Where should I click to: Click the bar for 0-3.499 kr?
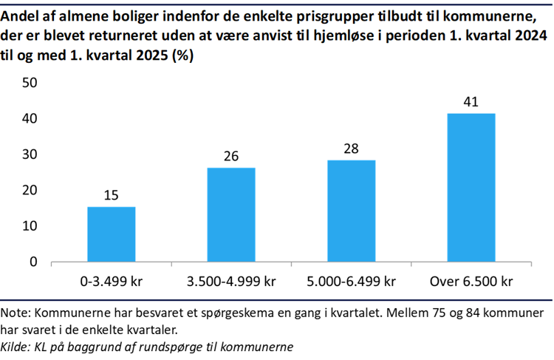(x=111, y=234)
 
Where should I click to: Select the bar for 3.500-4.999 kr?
(x=231, y=214)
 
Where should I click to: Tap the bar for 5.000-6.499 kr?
(x=351, y=211)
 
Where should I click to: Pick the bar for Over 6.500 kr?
(x=471, y=187)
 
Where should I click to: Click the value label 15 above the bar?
(x=111, y=196)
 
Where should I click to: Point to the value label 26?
(x=231, y=157)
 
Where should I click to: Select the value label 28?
(x=351, y=149)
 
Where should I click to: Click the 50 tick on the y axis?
(x=30, y=83)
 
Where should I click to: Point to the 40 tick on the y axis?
(x=30, y=118)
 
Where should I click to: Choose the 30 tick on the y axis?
(x=30, y=154)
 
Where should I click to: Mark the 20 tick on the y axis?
(x=30, y=190)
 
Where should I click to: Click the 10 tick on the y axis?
(x=30, y=226)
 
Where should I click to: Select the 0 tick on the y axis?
(x=33, y=262)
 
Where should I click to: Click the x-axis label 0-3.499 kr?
(x=111, y=282)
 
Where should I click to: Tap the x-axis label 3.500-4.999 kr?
(x=231, y=282)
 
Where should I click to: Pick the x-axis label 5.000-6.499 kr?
(x=351, y=282)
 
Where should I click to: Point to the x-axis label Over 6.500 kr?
(x=471, y=282)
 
